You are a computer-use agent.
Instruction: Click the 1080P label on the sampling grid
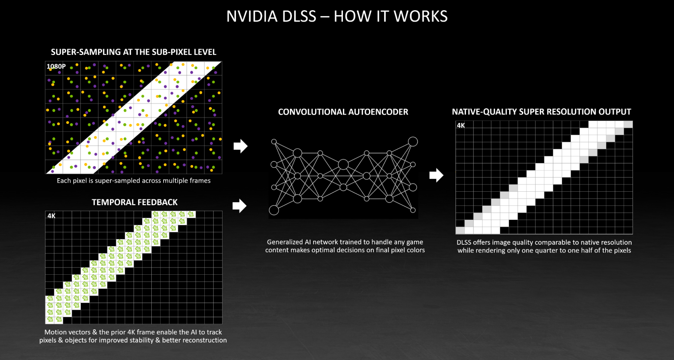[56, 66]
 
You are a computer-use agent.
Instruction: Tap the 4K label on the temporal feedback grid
[51, 216]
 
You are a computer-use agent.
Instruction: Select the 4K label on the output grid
[461, 126]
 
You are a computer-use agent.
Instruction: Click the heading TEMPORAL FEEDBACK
[135, 202]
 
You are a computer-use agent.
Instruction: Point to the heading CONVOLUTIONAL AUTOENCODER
[343, 112]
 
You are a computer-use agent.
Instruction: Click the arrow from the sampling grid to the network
[240, 146]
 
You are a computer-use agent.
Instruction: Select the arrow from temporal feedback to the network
[239, 206]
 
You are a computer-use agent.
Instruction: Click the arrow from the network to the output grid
[436, 175]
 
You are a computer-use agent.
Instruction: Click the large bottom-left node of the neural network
[274, 210]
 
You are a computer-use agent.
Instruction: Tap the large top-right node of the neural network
[413, 142]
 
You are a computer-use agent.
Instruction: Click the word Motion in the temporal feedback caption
[55, 332]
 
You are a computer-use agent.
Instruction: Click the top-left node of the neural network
[274, 142]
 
